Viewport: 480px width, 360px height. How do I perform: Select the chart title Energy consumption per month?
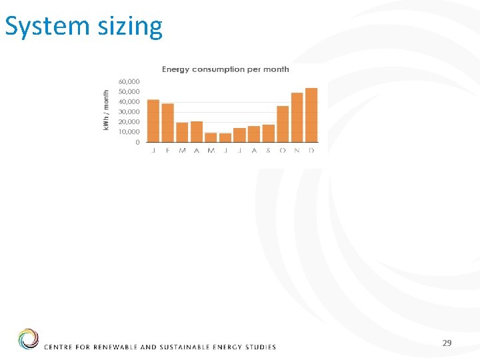(226, 69)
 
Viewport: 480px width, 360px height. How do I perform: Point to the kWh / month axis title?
(106, 111)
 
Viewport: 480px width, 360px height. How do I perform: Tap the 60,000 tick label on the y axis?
(129, 81)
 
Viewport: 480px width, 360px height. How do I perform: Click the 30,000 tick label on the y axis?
(129, 112)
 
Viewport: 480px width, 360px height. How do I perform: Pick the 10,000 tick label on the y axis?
(129, 132)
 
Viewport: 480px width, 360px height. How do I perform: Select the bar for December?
(311, 115)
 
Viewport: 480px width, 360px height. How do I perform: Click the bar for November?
(297, 117)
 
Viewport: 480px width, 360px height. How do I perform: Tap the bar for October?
(283, 124)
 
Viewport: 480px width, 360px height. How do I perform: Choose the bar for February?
(167, 123)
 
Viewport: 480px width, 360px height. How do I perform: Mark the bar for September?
(268, 133)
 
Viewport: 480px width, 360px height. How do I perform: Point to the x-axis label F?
(167, 151)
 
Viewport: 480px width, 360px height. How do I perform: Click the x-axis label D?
(311, 151)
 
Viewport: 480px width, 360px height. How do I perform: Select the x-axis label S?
(268, 151)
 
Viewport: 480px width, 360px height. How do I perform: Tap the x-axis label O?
(283, 151)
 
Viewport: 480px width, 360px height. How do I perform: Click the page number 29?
(447, 343)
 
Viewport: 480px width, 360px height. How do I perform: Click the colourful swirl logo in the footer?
(29, 339)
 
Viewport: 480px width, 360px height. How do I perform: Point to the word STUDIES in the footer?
(259, 347)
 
